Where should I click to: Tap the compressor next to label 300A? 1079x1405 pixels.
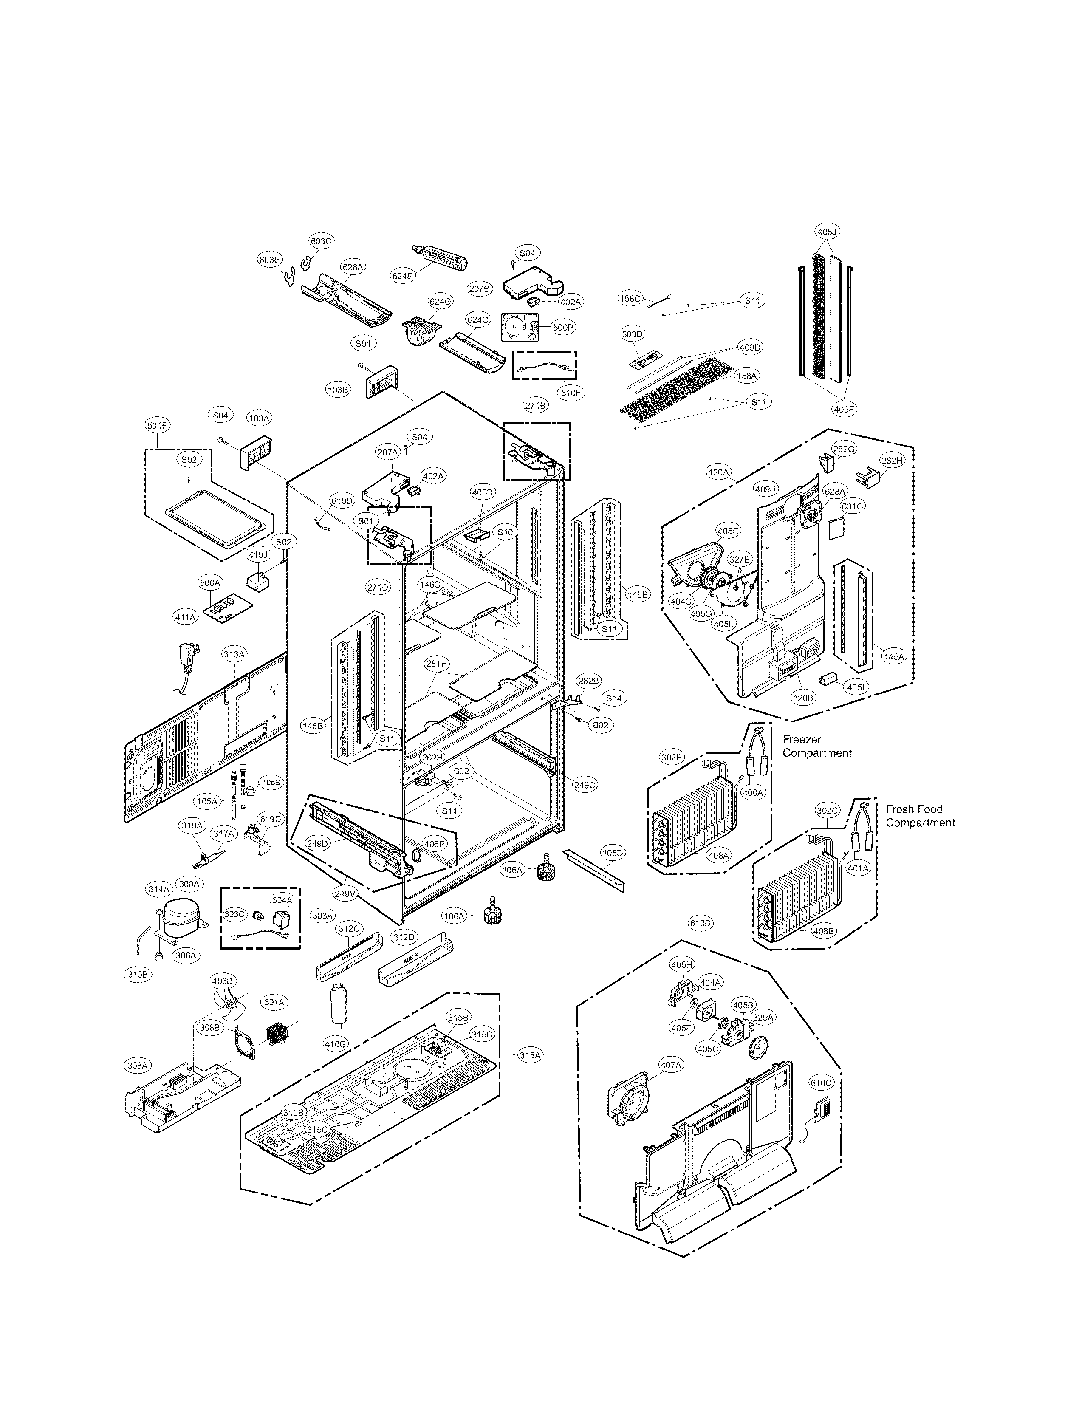tap(181, 917)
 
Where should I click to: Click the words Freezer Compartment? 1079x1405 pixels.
tap(816, 746)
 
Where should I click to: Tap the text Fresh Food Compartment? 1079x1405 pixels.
tap(920, 816)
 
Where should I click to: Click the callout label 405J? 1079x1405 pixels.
tap(828, 231)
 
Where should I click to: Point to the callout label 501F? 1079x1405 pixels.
tap(157, 425)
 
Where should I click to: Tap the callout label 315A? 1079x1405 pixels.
tap(531, 1055)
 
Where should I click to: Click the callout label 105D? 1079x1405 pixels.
tap(612, 853)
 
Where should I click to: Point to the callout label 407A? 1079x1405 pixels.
tap(670, 1065)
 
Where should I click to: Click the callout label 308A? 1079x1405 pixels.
tap(137, 1065)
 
